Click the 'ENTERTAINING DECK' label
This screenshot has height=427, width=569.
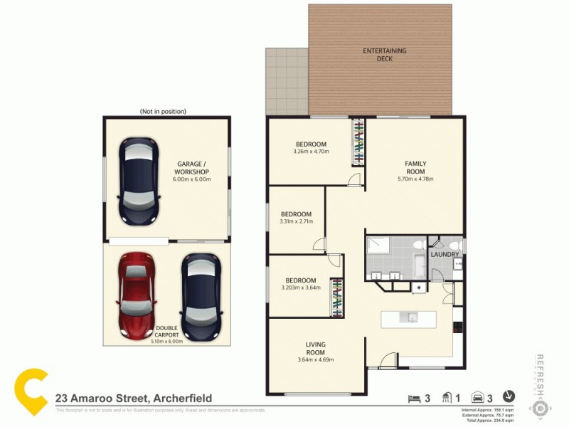tap(384, 55)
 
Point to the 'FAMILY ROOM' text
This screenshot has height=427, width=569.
tap(415, 167)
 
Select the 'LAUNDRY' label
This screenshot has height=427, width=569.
tap(445, 254)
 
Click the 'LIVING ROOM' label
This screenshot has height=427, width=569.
tap(315, 349)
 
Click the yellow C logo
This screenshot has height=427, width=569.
tap(31, 392)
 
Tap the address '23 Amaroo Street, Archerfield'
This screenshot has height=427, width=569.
tap(133, 399)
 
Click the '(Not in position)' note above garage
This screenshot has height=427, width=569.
tap(163, 112)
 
